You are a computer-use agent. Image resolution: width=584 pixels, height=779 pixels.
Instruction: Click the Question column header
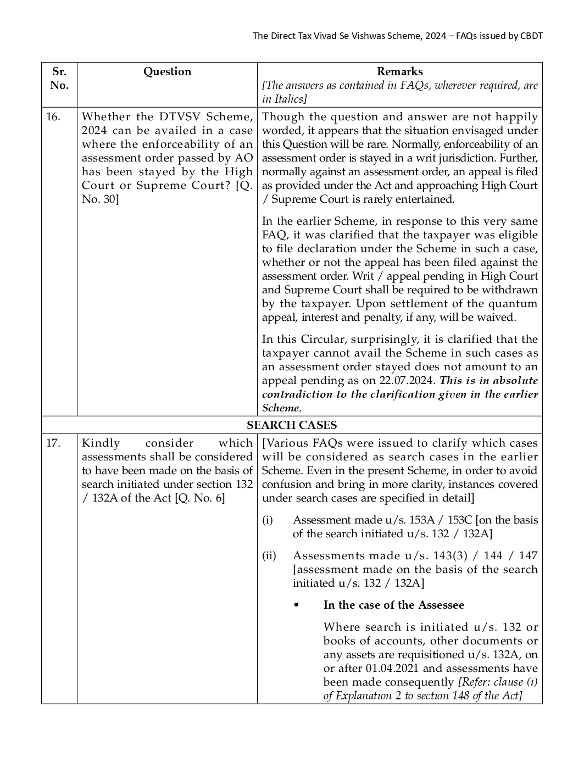click(x=167, y=71)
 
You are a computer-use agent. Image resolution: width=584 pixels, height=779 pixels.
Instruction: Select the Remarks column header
click(x=399, y=71)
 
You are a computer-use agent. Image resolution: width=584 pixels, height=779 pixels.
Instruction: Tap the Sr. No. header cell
click(x=59, y=79)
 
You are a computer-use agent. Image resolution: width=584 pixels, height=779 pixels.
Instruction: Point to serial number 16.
click(x=53, y=116)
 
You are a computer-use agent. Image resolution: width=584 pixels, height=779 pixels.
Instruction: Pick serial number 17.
click(x=53, y=443)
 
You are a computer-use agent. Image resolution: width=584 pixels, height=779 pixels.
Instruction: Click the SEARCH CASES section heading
click(x=292, y=425)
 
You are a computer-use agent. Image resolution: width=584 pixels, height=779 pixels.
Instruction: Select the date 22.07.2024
click(x=408, y=380)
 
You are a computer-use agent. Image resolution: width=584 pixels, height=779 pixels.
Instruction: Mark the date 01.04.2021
click(x=391, y=668)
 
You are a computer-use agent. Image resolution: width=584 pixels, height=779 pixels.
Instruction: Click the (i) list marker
click(x=267, y=520)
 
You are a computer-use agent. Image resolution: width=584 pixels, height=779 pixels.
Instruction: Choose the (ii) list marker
click(x=269, y=555)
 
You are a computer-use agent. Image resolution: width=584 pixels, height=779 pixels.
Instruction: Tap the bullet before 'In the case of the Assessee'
click(x=297, y=605)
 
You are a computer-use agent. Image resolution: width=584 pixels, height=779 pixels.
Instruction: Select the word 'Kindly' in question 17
click(x=101, y=443)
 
